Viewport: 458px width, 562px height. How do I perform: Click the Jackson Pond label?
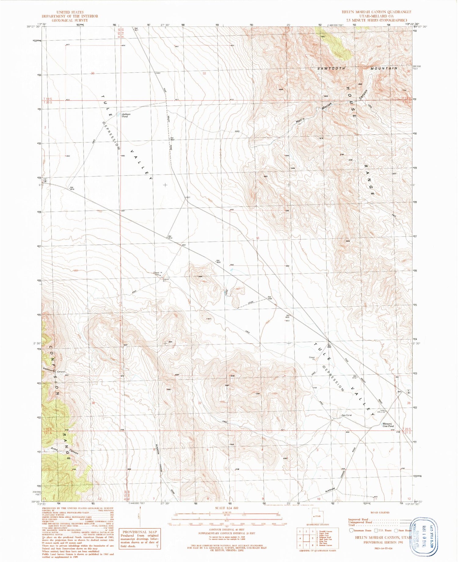pyautogui.click(x=126, y=115)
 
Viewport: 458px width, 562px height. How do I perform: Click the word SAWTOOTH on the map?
pyautogui.click(x=331, y=69)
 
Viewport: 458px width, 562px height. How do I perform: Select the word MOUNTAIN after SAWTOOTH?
pyautogui.click(x=384, y=68)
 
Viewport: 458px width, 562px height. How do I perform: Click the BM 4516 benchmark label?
pyautogui.click(x=72, y=188)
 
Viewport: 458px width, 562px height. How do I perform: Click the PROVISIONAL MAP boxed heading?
pyautogui.click(x=139, y=532)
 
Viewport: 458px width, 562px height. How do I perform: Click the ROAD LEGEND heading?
pyautogui.click(x=380, y=513)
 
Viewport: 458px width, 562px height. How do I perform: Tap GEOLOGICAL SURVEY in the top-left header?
pyautogui.click(x=70, y=20)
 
